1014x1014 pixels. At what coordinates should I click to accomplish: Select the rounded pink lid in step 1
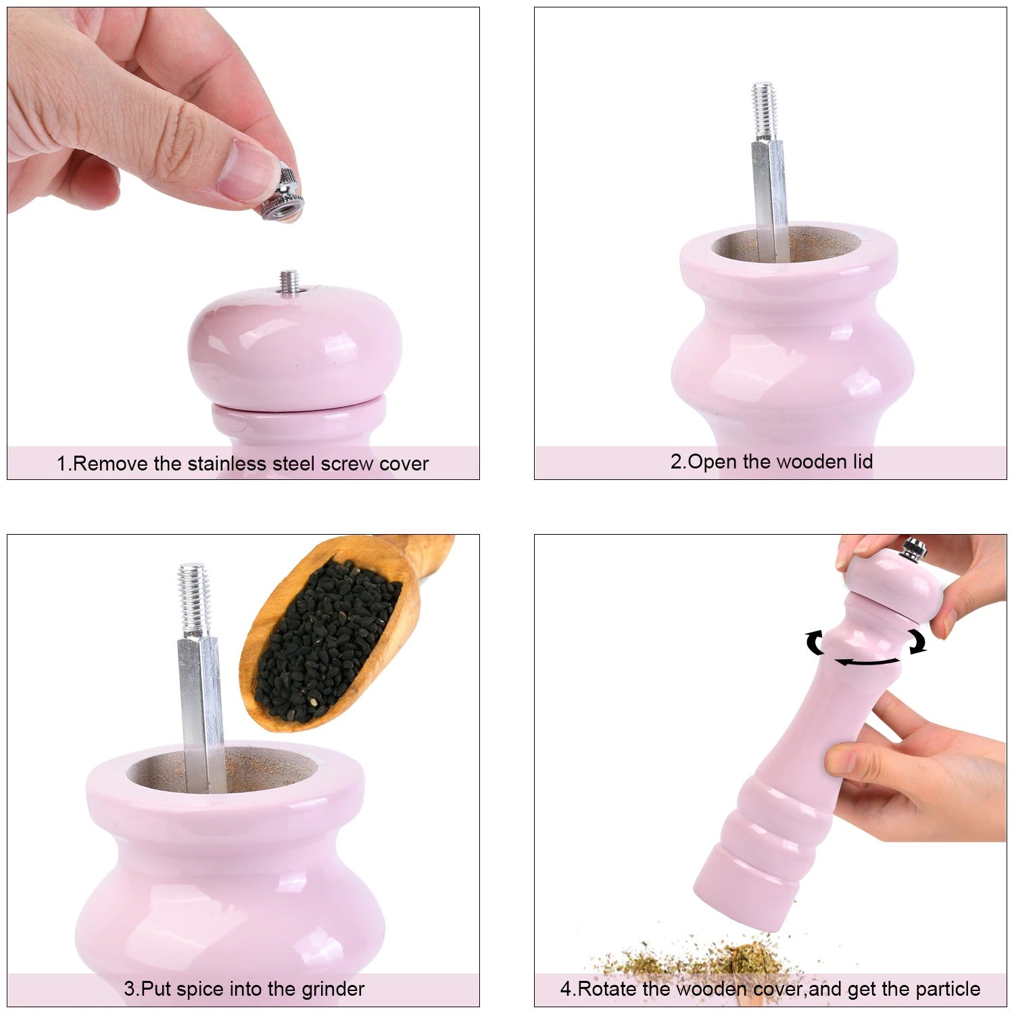point(295,348)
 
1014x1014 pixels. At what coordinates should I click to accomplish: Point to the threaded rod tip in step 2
point(764,112)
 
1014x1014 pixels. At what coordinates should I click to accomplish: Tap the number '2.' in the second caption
point(678,462)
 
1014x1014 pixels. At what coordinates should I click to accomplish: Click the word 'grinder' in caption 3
point(333,990)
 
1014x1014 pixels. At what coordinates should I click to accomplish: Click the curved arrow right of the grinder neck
point(917,642)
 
